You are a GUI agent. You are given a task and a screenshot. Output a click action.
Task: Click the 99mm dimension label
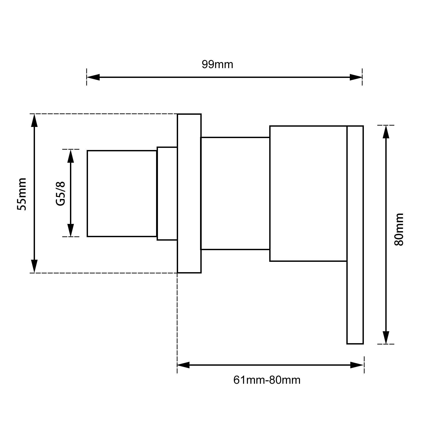click(x=217, y=65)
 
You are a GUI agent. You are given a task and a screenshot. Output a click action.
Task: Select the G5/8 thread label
click(x=60, y=193)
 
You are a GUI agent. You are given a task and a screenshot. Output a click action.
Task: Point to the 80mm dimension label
click(x=399, y=229)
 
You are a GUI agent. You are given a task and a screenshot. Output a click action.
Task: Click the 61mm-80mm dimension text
click(x=267, y=380)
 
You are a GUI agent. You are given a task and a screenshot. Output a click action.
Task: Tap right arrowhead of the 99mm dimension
click(x=356, y=77)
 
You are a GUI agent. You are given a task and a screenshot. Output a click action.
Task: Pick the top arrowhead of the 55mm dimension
click(x=34, y=121)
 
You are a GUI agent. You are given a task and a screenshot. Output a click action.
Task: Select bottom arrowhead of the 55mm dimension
click(x=34, y=266)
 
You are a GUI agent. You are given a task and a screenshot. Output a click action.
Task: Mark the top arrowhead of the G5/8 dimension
click(x=70, y=156)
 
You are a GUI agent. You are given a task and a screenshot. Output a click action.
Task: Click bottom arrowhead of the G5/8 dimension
click(x=70, y=230)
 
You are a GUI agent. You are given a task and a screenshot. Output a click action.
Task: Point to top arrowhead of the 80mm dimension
click(x=386, y=132)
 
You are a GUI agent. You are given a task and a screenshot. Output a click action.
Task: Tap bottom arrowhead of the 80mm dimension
click(x=386, y=338)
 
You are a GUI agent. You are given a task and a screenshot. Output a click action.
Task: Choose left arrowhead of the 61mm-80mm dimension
click(x=183, y=365)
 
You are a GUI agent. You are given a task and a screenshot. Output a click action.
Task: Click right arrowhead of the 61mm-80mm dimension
click(x=357, y=365)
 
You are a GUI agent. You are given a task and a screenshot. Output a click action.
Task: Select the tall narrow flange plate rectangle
click(x=189, y=193)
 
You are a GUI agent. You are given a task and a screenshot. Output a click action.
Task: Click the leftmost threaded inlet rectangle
click(x=122, y=193)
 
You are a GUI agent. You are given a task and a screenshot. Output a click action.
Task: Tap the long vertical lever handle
click(x=355, y=302)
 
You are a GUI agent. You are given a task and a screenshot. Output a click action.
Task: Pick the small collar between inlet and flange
click(x=167, y=193)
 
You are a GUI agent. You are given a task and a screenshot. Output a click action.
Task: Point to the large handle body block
click(x=308, y=193)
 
